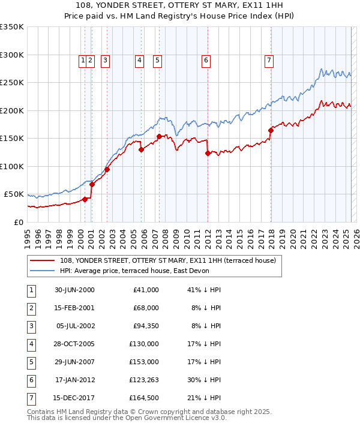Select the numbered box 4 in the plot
(139, 60)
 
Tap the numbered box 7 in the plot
(268, 60)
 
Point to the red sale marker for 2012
(208, 153)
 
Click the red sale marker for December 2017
(271, 130)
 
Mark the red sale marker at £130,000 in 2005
(142, 149)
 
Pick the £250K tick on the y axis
(12, 83)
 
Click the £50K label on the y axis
(14, 194)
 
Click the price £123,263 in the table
(143, 379)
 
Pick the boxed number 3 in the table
(30, 326)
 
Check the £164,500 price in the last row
(143, 397)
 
